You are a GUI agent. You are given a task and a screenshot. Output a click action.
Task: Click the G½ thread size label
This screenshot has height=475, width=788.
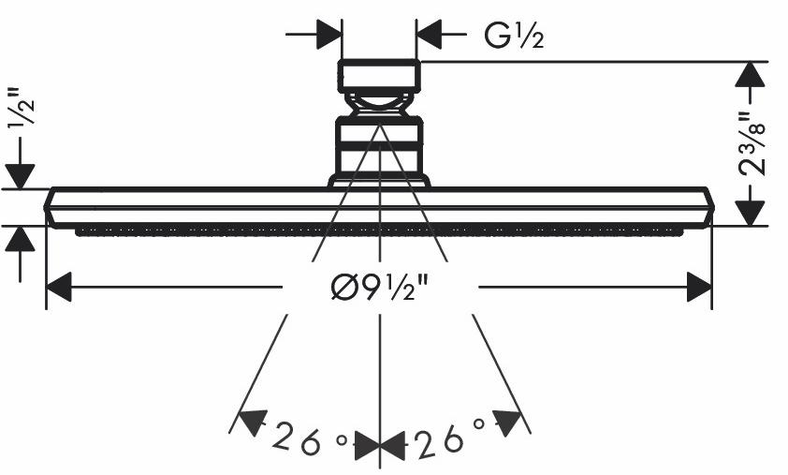click(x=514, y=36)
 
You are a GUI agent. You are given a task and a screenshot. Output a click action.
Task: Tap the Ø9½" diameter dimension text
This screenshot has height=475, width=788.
click(x=380, y=288)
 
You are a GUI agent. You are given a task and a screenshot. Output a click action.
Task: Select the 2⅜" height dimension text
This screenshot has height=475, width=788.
click(x=752, y=142)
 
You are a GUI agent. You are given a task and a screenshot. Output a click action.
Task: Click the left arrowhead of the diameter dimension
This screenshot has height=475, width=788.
click(x=59, y=287)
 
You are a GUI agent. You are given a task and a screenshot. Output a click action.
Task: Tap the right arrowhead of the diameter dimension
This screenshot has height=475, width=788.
click(x=699, y=287)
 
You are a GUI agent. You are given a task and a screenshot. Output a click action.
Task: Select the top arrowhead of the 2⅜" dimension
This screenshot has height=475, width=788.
click(x=750, y=74)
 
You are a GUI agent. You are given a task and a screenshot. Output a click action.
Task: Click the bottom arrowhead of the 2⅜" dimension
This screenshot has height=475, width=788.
click(x=750, y=213)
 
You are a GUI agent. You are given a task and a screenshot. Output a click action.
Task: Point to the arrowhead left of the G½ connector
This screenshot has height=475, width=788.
click(x=329, y=35)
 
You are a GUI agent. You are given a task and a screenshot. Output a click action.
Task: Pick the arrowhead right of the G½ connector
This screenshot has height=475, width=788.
click(x=429, y=35)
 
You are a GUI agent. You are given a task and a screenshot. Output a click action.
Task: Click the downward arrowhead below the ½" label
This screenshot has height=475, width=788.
click(x=20, y=177)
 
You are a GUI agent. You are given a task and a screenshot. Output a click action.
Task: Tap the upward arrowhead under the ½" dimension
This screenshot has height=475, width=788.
click(x=20, y=239)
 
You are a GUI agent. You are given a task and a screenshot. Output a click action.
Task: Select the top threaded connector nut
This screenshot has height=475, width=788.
click(x=379, y=76)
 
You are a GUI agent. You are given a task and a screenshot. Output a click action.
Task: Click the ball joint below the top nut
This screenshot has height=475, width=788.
click(x=379, y=105)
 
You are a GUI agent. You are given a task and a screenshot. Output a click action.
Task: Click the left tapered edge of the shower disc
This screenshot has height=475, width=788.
click(x=50, y=207)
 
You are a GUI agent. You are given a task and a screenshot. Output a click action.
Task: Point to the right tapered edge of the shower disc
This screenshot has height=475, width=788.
click(x=708, y=207)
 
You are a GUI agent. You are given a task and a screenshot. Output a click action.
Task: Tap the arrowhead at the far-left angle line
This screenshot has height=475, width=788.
click(x=253, y=422)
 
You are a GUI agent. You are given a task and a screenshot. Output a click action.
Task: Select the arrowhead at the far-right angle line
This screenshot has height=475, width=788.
click(x=506, y=423)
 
